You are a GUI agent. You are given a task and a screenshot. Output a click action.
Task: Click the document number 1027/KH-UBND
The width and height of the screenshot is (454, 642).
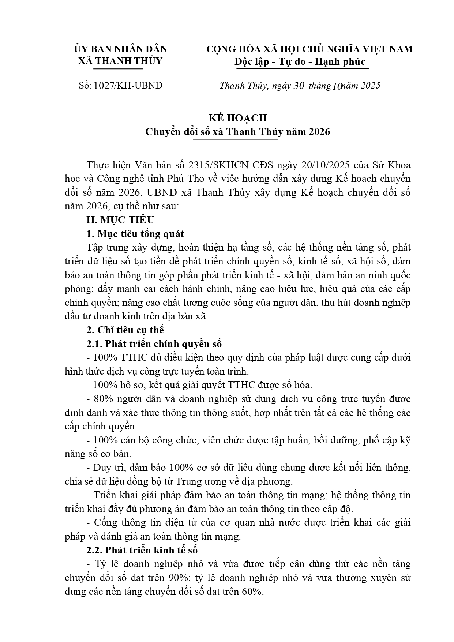(x=128, y=86)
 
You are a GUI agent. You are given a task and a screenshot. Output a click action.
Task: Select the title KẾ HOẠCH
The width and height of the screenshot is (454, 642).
(x=237, y=118)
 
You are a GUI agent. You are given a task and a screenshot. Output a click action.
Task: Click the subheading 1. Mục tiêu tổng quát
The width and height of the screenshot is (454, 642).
(x=135, y=234)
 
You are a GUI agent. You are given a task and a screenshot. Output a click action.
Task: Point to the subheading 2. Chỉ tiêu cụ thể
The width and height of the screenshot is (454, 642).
(x=125, y=330)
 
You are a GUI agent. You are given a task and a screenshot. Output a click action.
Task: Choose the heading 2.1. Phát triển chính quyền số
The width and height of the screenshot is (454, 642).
(x=154, y=344)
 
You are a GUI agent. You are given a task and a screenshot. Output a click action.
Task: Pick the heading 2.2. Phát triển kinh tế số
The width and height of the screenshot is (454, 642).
(x=142, y=550)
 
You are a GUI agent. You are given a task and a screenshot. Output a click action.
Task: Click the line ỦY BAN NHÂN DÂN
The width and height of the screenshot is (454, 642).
(x=120, y=49)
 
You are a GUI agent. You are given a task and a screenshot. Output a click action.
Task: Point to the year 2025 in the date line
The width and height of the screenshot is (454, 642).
(x=370, y=86)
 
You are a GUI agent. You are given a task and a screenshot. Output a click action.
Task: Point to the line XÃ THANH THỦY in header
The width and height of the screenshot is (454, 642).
(x=120, y=61)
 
